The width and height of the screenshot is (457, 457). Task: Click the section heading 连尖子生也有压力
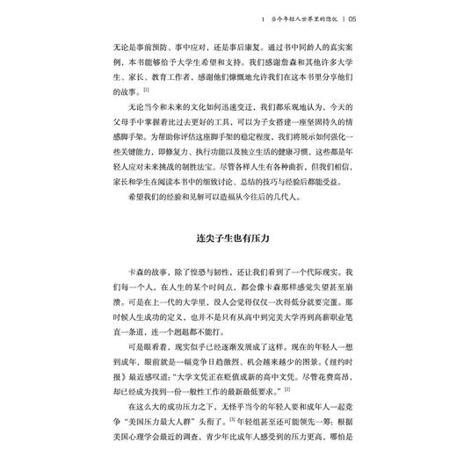(x=228, y=238)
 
